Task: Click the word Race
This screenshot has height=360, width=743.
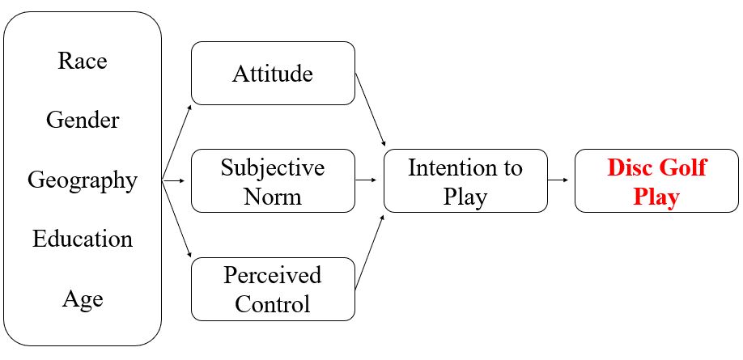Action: pyautogui.click(x=82, y=61)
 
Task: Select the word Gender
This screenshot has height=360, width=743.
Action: pyautogui.click(x=82, y=121)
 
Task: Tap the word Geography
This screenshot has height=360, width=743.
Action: pyautogui.click(x=82, y=180)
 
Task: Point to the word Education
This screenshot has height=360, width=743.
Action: pyautogui.click(x=82, y=239)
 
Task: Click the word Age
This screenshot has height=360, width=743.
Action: pyautogui.click(x=82, y=299)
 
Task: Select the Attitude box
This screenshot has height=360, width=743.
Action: pyautogui.click(x=273, y=74)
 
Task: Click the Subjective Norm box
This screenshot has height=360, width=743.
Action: pyautogui.click(x=273, y=180)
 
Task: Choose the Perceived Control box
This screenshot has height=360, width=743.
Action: pyautogui.click(x=273, y=288)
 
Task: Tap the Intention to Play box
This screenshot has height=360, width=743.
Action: pyautogui.click(x=465, y=180)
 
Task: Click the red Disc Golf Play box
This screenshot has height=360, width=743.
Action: pyautogui.click(x=656, y=180)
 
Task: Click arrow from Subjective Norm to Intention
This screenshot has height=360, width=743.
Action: pyautogui.click(x=369, y=180)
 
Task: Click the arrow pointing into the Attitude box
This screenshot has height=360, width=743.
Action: pyautogui.click(x=177, y=139)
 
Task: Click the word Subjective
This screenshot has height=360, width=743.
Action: pyautogui.click(x=273, y=168)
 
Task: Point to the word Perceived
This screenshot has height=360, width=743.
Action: pyautogui.click(x=273, y=275)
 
